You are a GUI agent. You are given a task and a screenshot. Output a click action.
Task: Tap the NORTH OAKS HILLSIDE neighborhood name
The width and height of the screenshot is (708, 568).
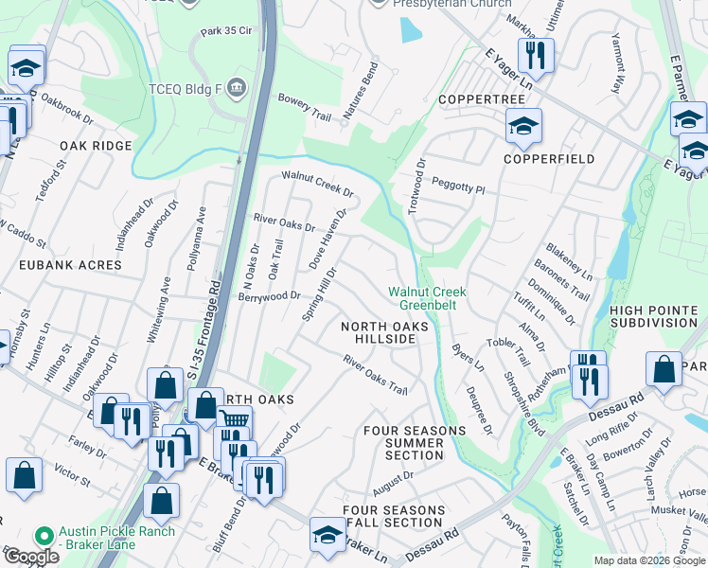[x=385, y=332]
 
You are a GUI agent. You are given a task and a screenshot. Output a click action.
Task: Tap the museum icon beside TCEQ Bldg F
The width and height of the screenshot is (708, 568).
[x=237, y=89]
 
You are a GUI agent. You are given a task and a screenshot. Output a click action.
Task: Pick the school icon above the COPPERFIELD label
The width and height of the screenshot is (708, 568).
[x=522, y=126]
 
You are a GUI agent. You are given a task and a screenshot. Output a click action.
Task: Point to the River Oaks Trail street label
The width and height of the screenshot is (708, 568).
[x=375, y=375]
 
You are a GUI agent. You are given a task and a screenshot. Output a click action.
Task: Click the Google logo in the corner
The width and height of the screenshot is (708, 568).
[x=30, y=557]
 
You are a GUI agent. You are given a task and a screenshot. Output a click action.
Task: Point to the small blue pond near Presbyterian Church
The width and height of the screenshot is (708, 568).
[x=411, y=30]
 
